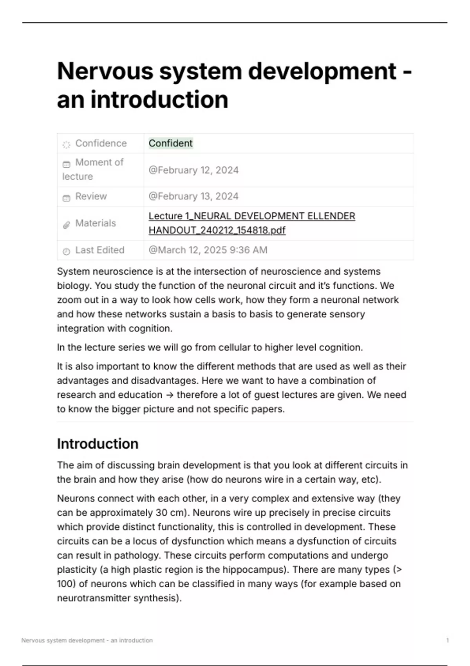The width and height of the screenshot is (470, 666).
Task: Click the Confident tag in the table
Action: click(170, 143)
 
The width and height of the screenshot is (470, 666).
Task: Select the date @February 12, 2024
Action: click(193, 170)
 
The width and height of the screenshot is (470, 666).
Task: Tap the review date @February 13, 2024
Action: click(193, 196)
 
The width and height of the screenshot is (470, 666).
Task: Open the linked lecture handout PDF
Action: click(251, 223)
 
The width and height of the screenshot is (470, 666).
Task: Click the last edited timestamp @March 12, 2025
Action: click(208, 250)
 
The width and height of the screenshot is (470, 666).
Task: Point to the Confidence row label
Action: click(101, 143)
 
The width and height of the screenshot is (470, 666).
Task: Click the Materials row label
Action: click(96, 223)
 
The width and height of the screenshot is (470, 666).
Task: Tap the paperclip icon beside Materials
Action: click(67, 225)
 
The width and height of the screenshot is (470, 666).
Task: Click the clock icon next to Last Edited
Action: click(67, 252)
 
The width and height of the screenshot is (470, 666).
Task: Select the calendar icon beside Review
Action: click(67, 198)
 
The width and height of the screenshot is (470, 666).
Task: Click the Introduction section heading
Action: click(98, 444)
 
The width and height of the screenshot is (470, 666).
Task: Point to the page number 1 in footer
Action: click(447, 640)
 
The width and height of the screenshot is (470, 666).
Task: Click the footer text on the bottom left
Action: click(87, 640)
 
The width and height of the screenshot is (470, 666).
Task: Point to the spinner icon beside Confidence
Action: click(67, 145)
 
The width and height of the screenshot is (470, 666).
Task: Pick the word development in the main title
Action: click(322, 71)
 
